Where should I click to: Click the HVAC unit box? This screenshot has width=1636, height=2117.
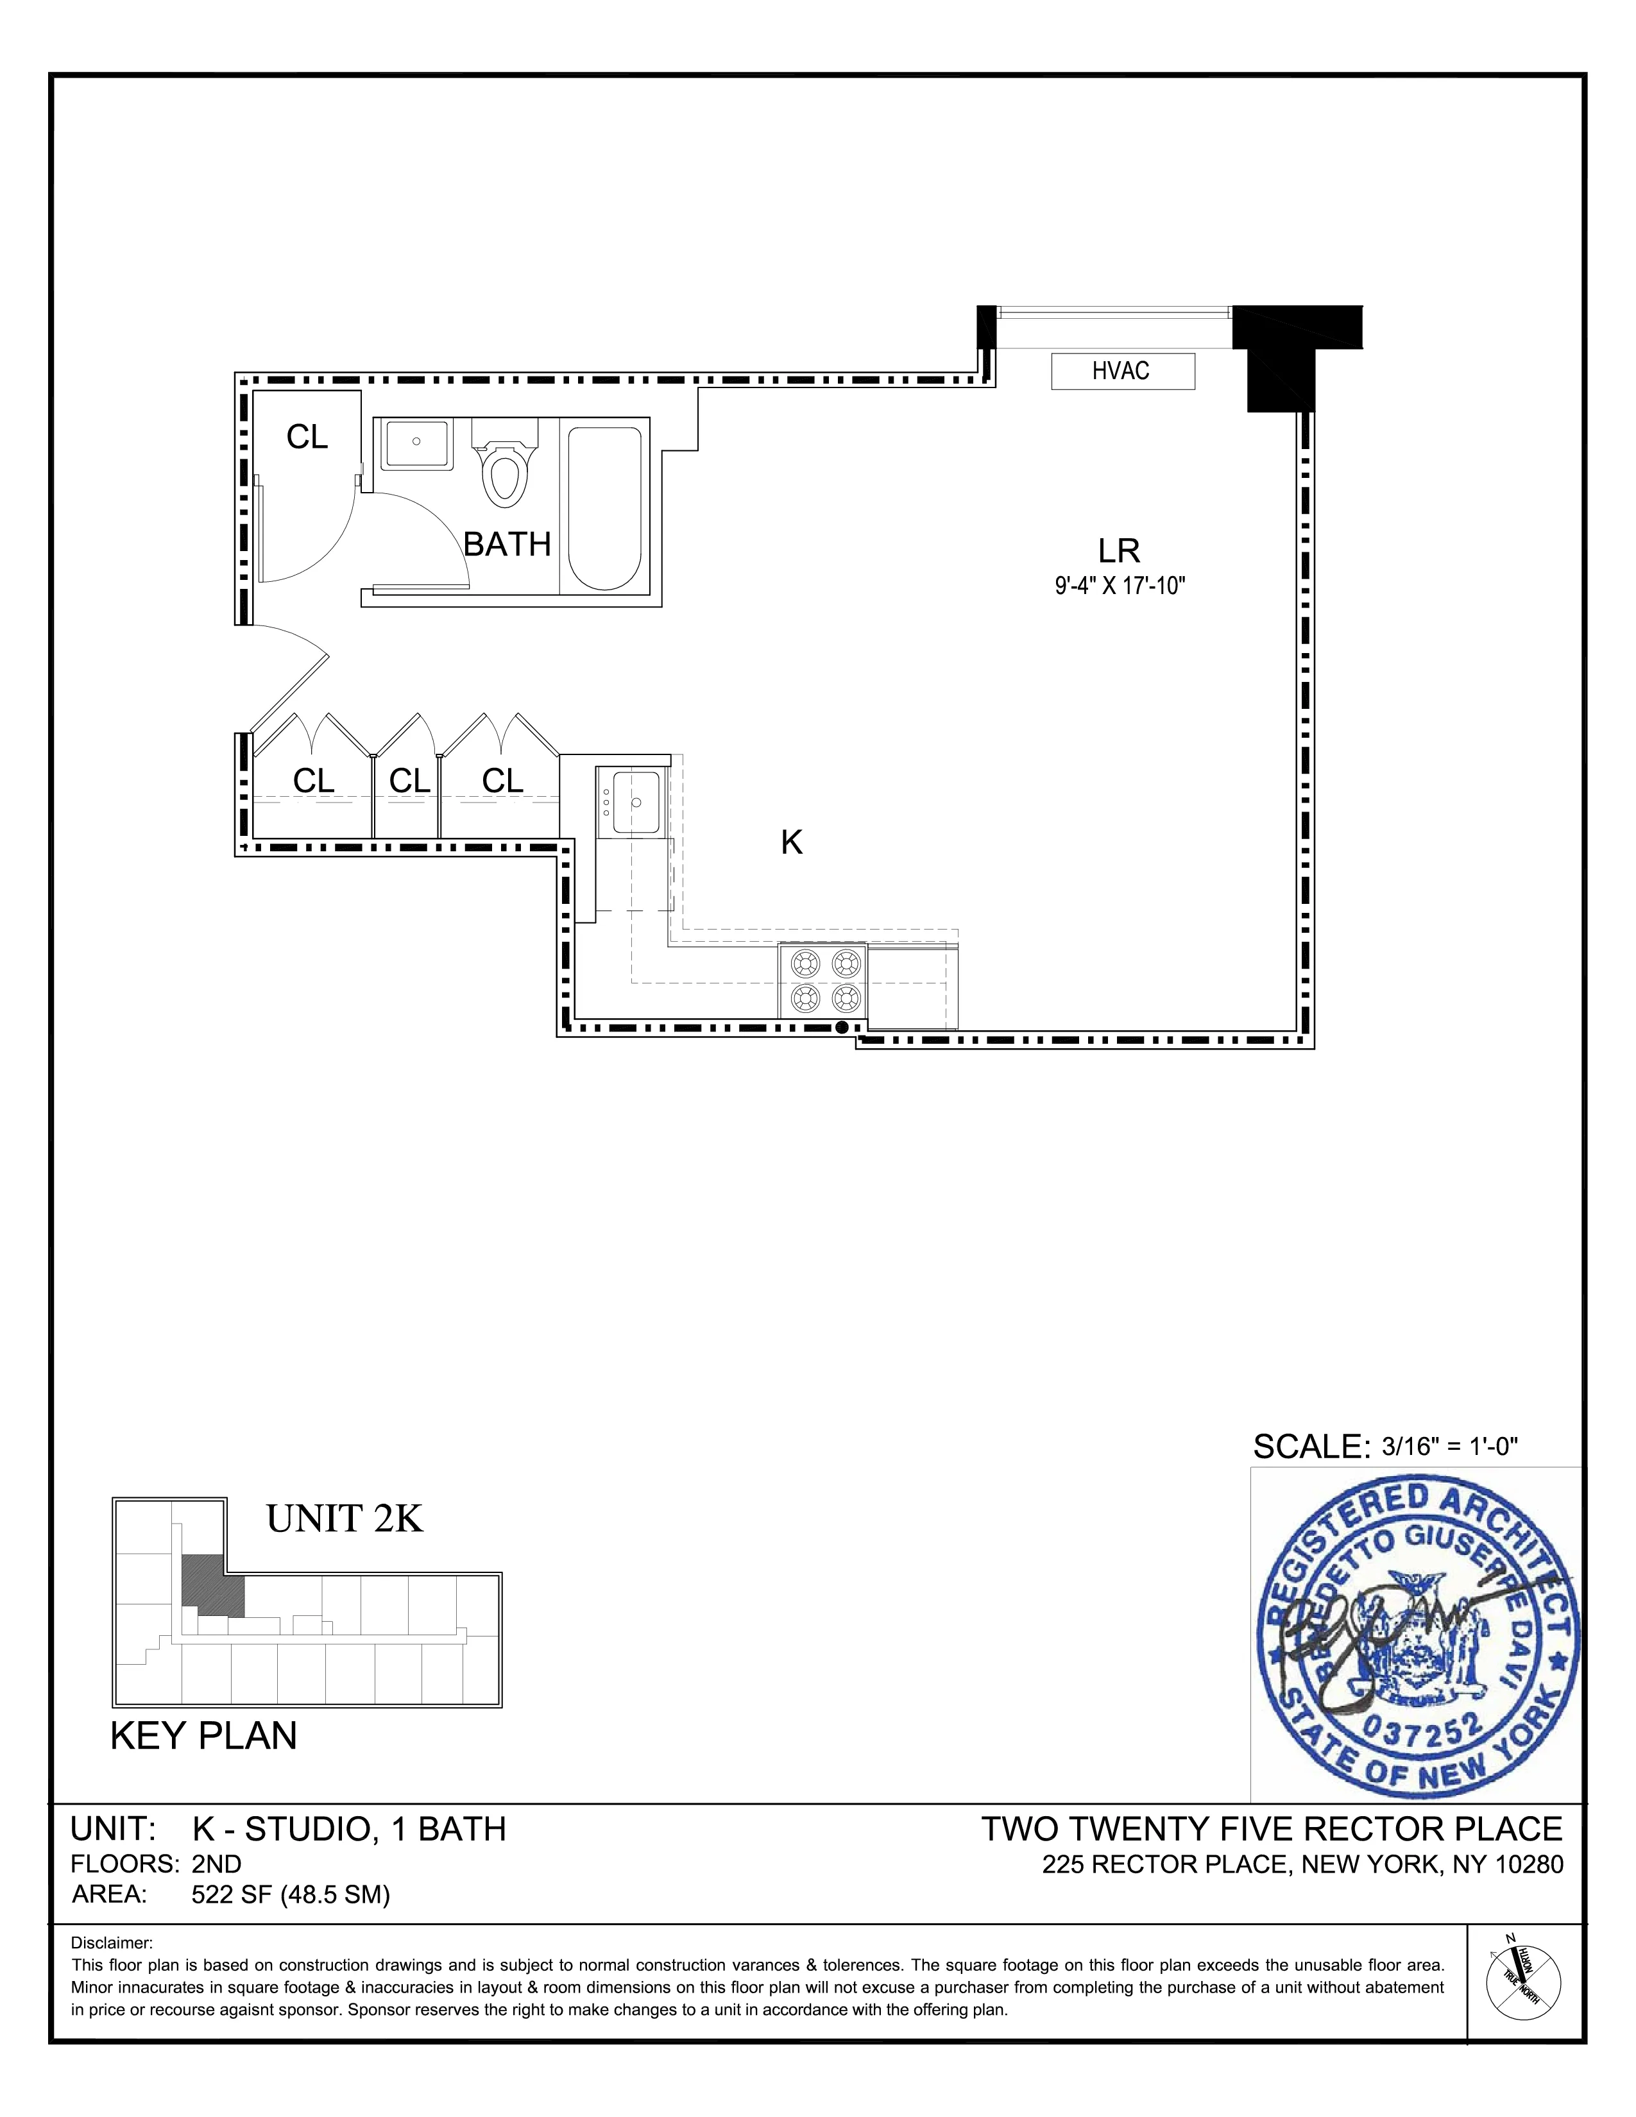tap(1122, 371)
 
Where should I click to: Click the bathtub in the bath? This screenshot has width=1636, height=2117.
tap(604, 508)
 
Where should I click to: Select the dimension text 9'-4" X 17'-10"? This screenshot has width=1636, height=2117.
tap(1120, 586)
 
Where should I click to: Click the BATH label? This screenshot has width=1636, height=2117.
tap(507, 545)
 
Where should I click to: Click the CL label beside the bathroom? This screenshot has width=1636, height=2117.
tap(307, 438)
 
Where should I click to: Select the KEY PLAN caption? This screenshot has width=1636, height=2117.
tap(203, 1735)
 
